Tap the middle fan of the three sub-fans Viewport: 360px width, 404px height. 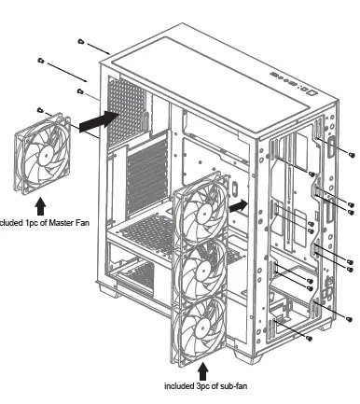click(x=200, y=271)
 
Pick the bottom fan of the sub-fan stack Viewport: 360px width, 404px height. click(x=198, y=328)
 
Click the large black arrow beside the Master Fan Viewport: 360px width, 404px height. click(x=97, y=120)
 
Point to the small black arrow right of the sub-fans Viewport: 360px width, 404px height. click(x=239, y=204)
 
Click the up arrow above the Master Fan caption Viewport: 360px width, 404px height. click(x=40, y=203)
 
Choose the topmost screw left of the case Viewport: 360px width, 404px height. click(x=82, y=42)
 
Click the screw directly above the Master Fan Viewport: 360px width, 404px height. click(x=42, y=107)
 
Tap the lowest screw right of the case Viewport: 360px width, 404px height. click(x=348, y=319)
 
